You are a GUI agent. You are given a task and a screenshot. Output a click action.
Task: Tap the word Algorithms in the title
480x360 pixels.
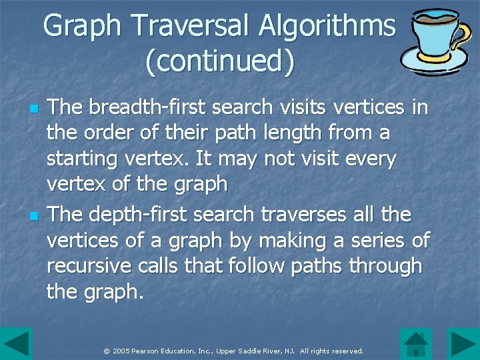[x=327, y=27]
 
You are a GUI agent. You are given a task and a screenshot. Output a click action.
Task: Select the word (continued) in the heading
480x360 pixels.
[x=219, y=61]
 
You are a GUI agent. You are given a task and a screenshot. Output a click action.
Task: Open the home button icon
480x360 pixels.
[x=417, y=344]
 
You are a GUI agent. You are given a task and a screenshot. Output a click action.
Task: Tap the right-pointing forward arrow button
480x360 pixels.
[x=463, y=344]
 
